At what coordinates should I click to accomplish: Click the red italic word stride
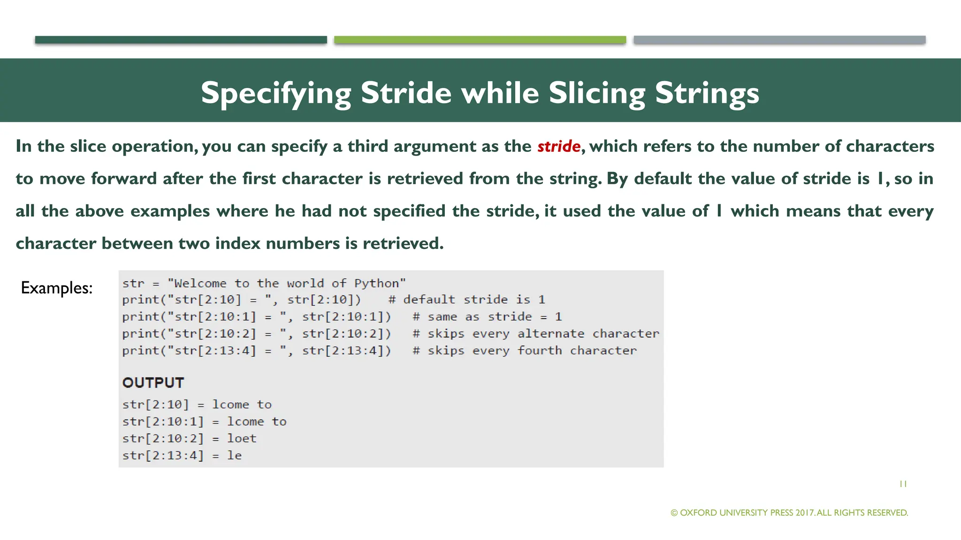pos(558,147)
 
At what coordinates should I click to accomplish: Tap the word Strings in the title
pos(707,93)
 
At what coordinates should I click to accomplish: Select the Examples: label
pos(57,288)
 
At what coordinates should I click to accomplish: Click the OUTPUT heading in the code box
pos(153,383)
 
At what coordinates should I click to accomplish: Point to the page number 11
pos(903,484)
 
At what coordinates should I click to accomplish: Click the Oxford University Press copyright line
pos(789,513)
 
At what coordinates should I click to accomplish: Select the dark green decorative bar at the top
pos(181,40)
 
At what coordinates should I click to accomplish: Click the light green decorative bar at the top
pos(480,40)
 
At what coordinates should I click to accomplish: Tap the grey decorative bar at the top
pos(779,40)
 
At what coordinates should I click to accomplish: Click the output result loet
pos(242,439)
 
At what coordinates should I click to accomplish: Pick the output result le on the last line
pos(234,456)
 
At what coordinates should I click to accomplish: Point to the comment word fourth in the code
pos(539,351)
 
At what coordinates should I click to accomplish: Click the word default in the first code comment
pos(429,300)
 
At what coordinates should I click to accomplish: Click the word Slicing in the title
pos(597,93)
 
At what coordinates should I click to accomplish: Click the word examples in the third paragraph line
pos(170,211)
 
